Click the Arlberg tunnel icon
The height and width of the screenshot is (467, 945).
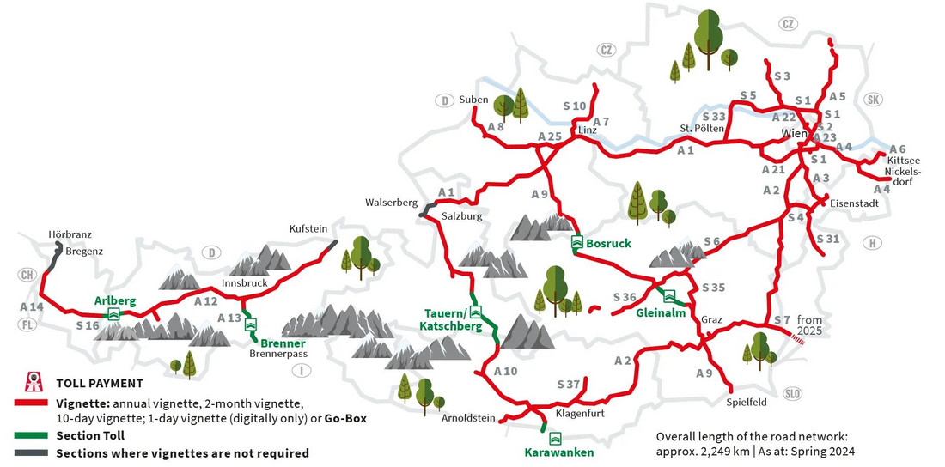click(x=113, y=315)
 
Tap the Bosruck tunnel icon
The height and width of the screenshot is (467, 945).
click(x=577, y=243)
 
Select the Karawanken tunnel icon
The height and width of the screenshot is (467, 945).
click(x=555, y=438)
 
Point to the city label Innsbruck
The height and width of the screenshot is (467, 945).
click(x=245, y=282)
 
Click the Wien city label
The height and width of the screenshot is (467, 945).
click(x=794, y=134)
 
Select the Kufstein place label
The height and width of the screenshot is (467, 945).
click(x=308, y=229)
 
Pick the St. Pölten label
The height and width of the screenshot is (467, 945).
click(x=698, y=130)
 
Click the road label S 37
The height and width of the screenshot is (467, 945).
click(x=570, y=384)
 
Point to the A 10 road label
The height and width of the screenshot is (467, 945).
click(x=506, y=371)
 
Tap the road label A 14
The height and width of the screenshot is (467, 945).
click(x=31, y=306)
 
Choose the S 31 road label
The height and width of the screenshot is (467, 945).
click(x=828, y=239)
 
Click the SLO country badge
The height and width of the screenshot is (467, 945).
click(x=793, y=393)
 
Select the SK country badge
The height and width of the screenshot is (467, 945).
click(x=874, y=99)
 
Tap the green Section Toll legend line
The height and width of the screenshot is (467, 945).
click(x=32, y=435)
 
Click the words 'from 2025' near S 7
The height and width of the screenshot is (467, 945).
click(x=809, y=324)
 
